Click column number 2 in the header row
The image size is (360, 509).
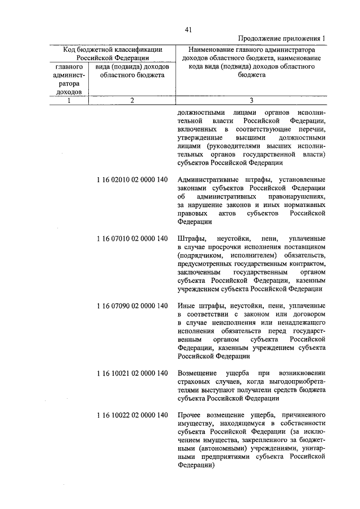(131, 100)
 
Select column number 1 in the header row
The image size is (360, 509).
(69, 100)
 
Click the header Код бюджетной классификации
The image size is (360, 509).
(112, 49)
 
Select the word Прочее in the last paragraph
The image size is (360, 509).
(189, 416)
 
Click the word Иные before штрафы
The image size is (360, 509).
(186, 306)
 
